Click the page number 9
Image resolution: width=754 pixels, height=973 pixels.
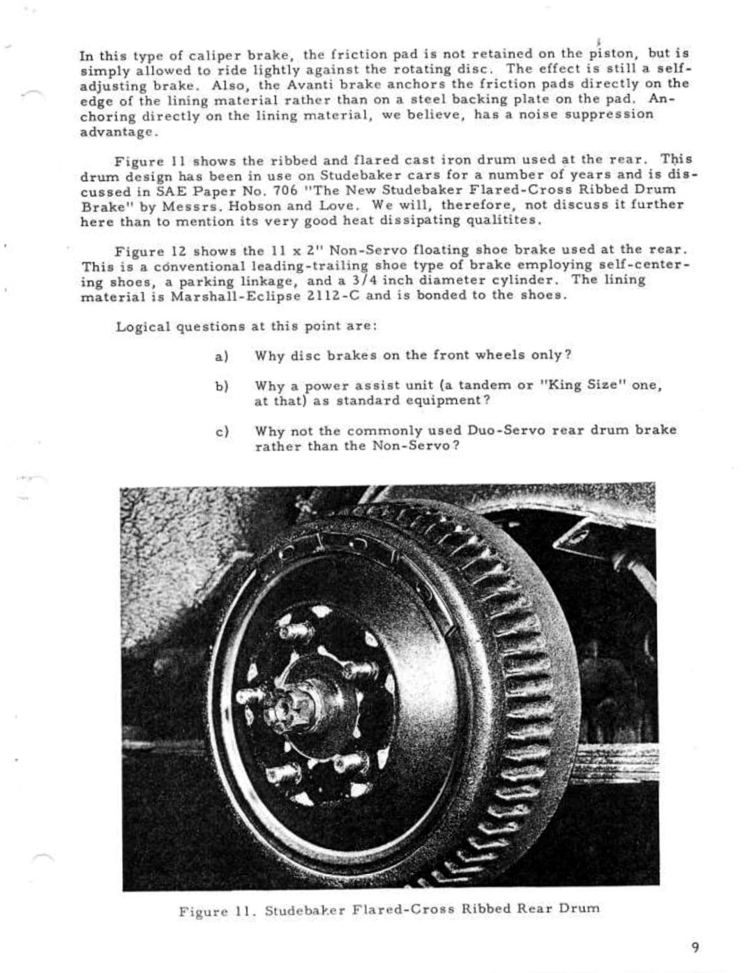click(695, 947)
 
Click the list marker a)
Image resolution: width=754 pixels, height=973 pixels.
click(222, 356)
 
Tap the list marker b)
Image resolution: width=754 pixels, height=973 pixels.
click(222, 386)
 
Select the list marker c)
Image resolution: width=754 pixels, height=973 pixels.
click(222, 431)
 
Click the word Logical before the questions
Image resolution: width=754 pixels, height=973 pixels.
click(143, 326)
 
